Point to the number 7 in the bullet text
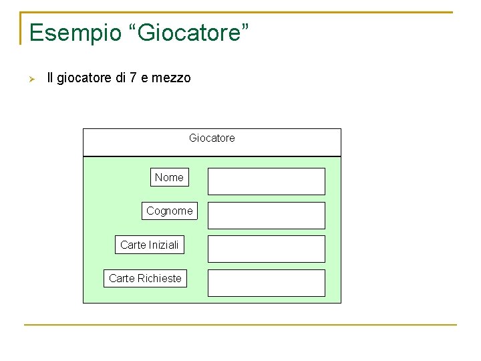[x=133, y=78]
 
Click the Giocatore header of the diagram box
[x=212, y=138]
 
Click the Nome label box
[x=169, y=177]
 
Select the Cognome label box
[x=170, y=211]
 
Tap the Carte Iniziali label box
[x=150, y=245]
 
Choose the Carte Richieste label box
[x=145, y=278]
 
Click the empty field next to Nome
[x=266, y=181]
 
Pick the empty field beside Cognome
[x=266, y=215]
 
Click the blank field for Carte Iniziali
[x=266, y=249]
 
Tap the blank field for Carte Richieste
[x=266, y=283]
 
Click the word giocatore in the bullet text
[x=85, y=78]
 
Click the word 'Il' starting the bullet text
[x=51, y=78]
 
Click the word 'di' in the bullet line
[x=120, y=78]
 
